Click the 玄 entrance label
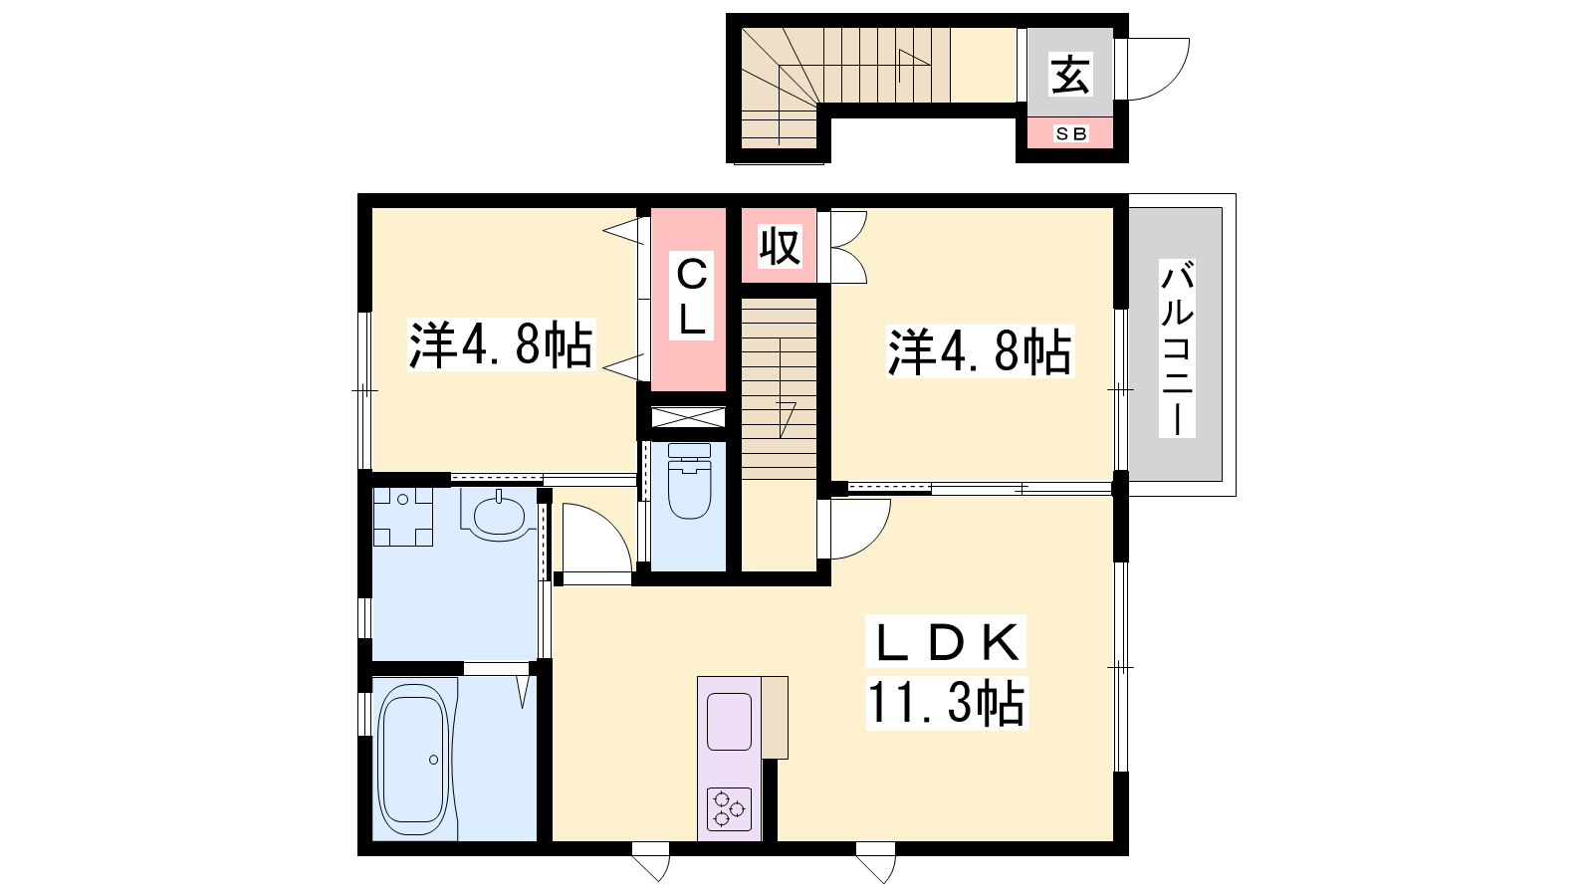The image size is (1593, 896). (1070, 76)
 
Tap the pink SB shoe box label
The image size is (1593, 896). (1071, 133)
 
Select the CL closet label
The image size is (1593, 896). (691, 298)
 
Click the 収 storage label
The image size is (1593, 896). (780, 246)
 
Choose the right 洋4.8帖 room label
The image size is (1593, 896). (980, 351)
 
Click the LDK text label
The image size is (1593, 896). (946, 641)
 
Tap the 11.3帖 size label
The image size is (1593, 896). (947, 703)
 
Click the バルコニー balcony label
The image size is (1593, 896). (1177, 348)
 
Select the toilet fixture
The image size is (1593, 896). (689, 481)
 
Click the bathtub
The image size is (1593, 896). (413, 759)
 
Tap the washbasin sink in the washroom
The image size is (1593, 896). (499, 514)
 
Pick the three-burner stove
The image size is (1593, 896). (729, 810)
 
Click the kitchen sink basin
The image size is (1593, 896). (729, 721)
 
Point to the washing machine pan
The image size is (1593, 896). (402, 517)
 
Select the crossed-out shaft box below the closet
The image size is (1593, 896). (688, 417)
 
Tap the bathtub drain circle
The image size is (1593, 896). (434, 761)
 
